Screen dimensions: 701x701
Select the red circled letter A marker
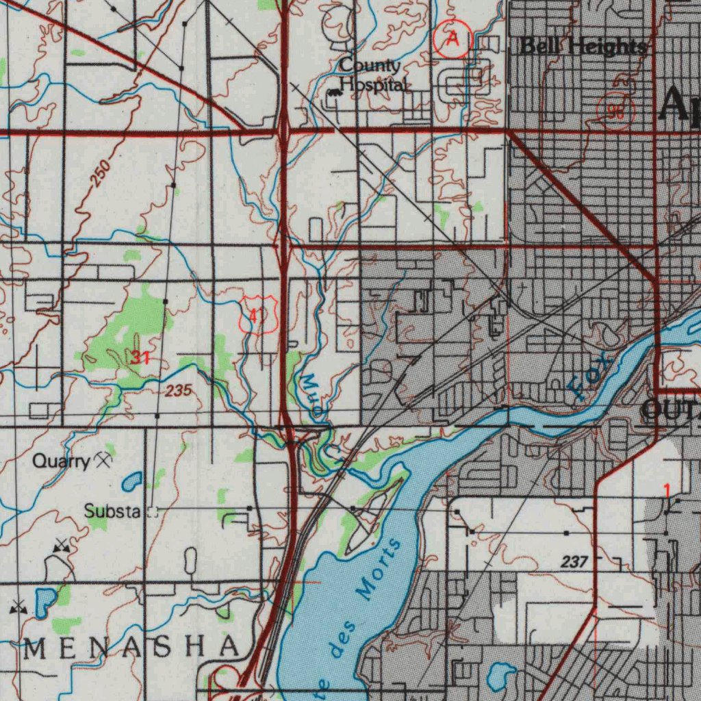(x=453, y=39)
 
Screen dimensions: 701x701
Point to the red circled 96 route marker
(x=616, y=112)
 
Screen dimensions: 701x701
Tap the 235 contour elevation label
(x=177, y=391)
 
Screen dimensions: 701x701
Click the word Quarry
(x=61, y=462)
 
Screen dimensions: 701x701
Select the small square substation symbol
(x=152, y=511)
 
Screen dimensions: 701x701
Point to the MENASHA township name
(x=131, y=646)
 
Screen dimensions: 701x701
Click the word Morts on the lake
(x=380, y=568)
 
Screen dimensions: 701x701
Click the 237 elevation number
(x=574, y=562)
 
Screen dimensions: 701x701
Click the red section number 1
(x=667, y=489)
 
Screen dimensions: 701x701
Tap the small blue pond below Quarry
(x=131, y=482)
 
